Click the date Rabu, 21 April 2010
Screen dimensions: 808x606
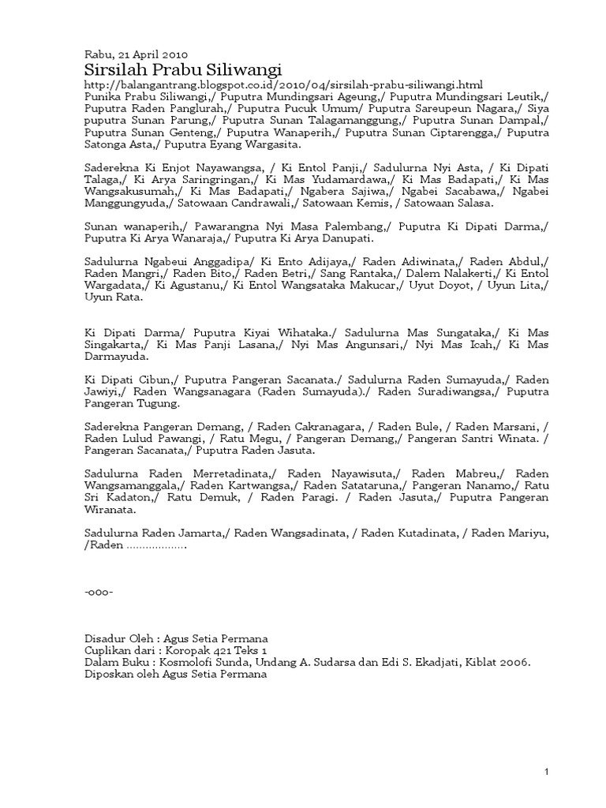point(135,54)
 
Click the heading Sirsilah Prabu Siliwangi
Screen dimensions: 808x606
point(182,69)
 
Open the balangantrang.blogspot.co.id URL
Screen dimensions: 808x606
point(282,84)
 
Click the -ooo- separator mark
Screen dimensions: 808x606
point(99,593)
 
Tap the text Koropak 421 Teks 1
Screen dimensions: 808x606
point(208,651)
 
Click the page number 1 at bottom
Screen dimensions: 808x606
point(545,772)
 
